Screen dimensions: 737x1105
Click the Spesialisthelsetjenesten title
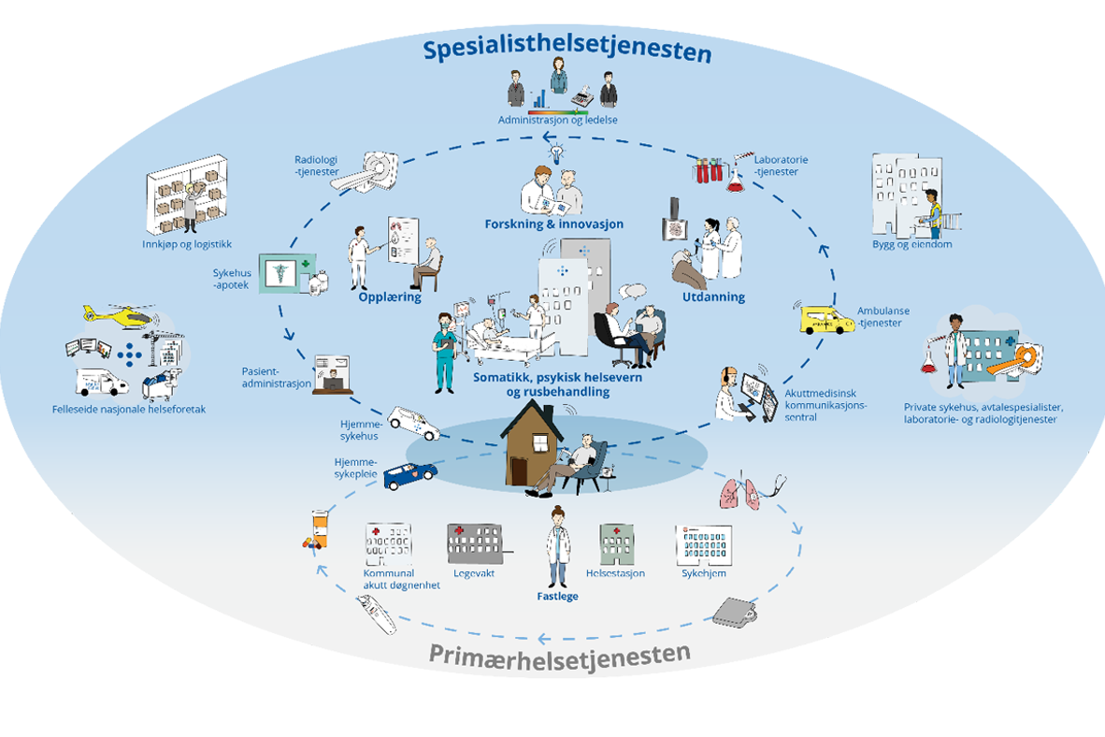[x=567, y=51]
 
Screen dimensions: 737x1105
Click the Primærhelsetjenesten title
[x=560, y=653]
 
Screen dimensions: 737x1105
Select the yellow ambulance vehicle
[x=826, y=320]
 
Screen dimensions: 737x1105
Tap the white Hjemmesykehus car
[x=412, y=422]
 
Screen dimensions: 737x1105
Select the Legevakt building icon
[x=475, y=542]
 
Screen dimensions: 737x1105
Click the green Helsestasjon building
[x=616, y=542]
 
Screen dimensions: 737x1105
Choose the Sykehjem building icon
[x=702, y=542]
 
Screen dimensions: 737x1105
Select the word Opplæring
[x=389, y=296]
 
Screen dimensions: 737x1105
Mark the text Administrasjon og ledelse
[x=557, y=120]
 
